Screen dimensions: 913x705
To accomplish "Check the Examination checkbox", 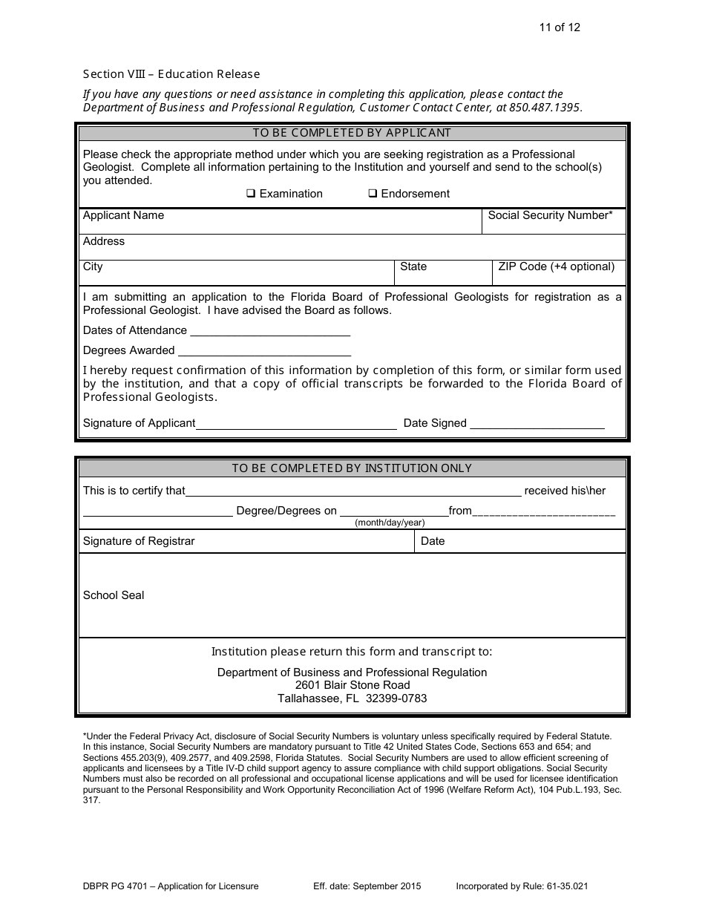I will tap(251, 194).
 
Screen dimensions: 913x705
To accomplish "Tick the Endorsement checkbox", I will tap(373, 194).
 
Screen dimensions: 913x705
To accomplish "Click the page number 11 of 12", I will tap(560, 27).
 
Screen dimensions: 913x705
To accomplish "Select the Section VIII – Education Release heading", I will tap(171, 73).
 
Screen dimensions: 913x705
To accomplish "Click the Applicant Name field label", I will tap(123, 215).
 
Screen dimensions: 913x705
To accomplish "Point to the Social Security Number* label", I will tap(550, 215).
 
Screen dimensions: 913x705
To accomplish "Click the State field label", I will tap(413, 266).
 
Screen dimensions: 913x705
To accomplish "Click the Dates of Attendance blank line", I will tap(270, 331).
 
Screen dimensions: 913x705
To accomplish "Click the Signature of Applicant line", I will tap(296, 424).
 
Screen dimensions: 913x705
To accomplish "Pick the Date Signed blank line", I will tap(537, 424).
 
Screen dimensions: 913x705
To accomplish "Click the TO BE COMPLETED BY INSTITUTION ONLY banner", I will tap(352, 468).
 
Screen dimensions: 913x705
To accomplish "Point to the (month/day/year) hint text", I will tap(390, 523).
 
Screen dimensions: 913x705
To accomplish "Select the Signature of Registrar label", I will tap(139, 541).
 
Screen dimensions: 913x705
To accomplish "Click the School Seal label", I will tap(114, 595).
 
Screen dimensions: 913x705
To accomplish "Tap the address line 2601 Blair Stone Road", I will tap(352, 685).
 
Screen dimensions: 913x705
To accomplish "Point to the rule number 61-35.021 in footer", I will tap(567, 886).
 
